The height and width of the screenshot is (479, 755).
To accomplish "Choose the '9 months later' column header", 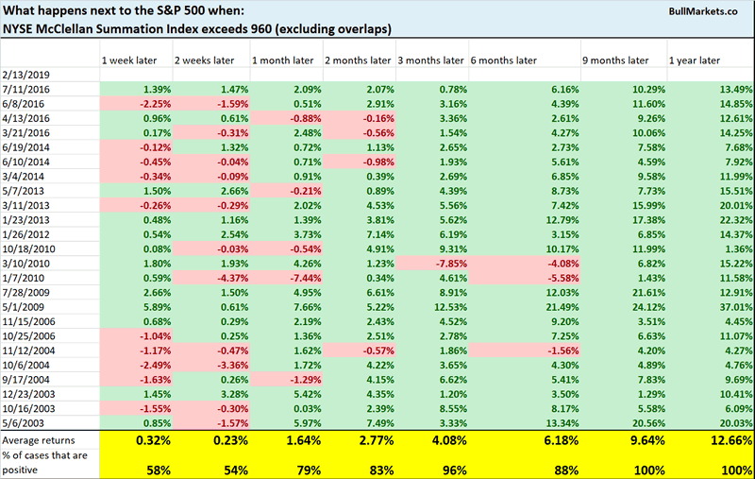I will coord(616,60).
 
